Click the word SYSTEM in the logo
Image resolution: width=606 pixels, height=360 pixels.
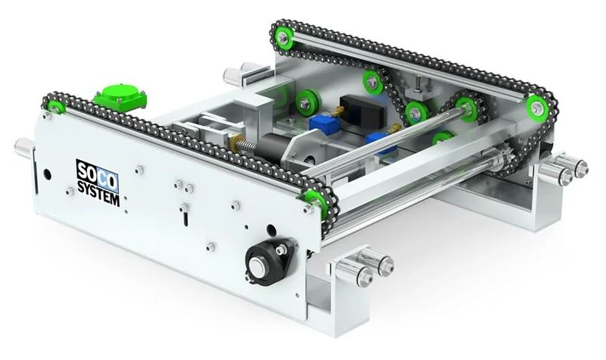[x=98, y=193]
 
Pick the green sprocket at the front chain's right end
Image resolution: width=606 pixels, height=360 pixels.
[x=317, y=201]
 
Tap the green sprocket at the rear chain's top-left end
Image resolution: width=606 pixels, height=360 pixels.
[x=283, y=37]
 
